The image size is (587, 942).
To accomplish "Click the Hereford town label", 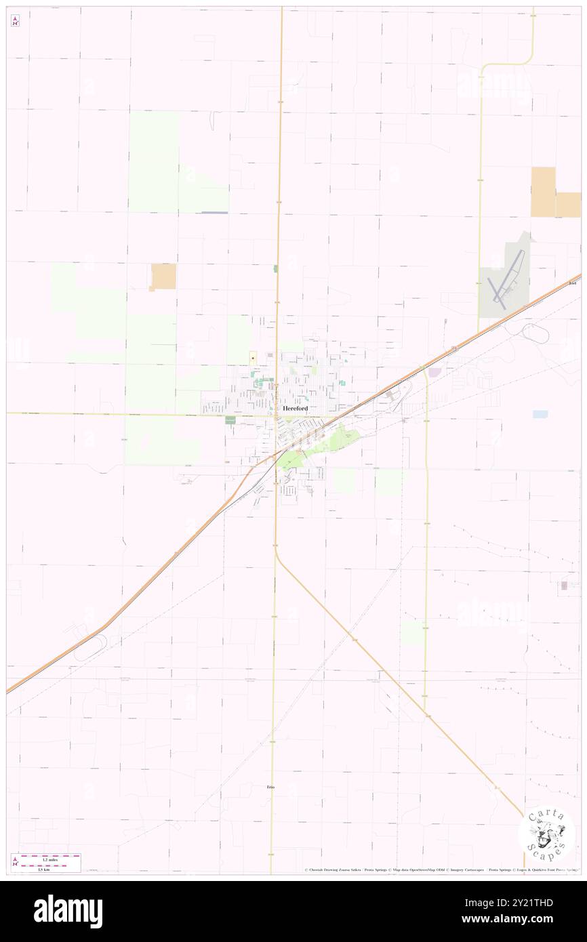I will coord(295,409).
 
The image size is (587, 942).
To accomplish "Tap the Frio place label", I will coord(271,787).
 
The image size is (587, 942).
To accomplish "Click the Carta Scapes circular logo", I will coord(546,834).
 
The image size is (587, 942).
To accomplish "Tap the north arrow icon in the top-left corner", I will coord(15,21).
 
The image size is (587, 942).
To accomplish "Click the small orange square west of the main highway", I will coord(163,277).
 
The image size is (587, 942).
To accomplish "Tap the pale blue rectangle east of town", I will coord(540,414).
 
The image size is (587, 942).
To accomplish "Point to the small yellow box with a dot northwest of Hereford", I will coord(252,357).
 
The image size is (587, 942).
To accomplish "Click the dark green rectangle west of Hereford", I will coord(230,421).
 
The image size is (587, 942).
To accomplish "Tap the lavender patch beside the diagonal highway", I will coord(435,372).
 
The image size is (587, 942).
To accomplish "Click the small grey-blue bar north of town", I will coord(214,213).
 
